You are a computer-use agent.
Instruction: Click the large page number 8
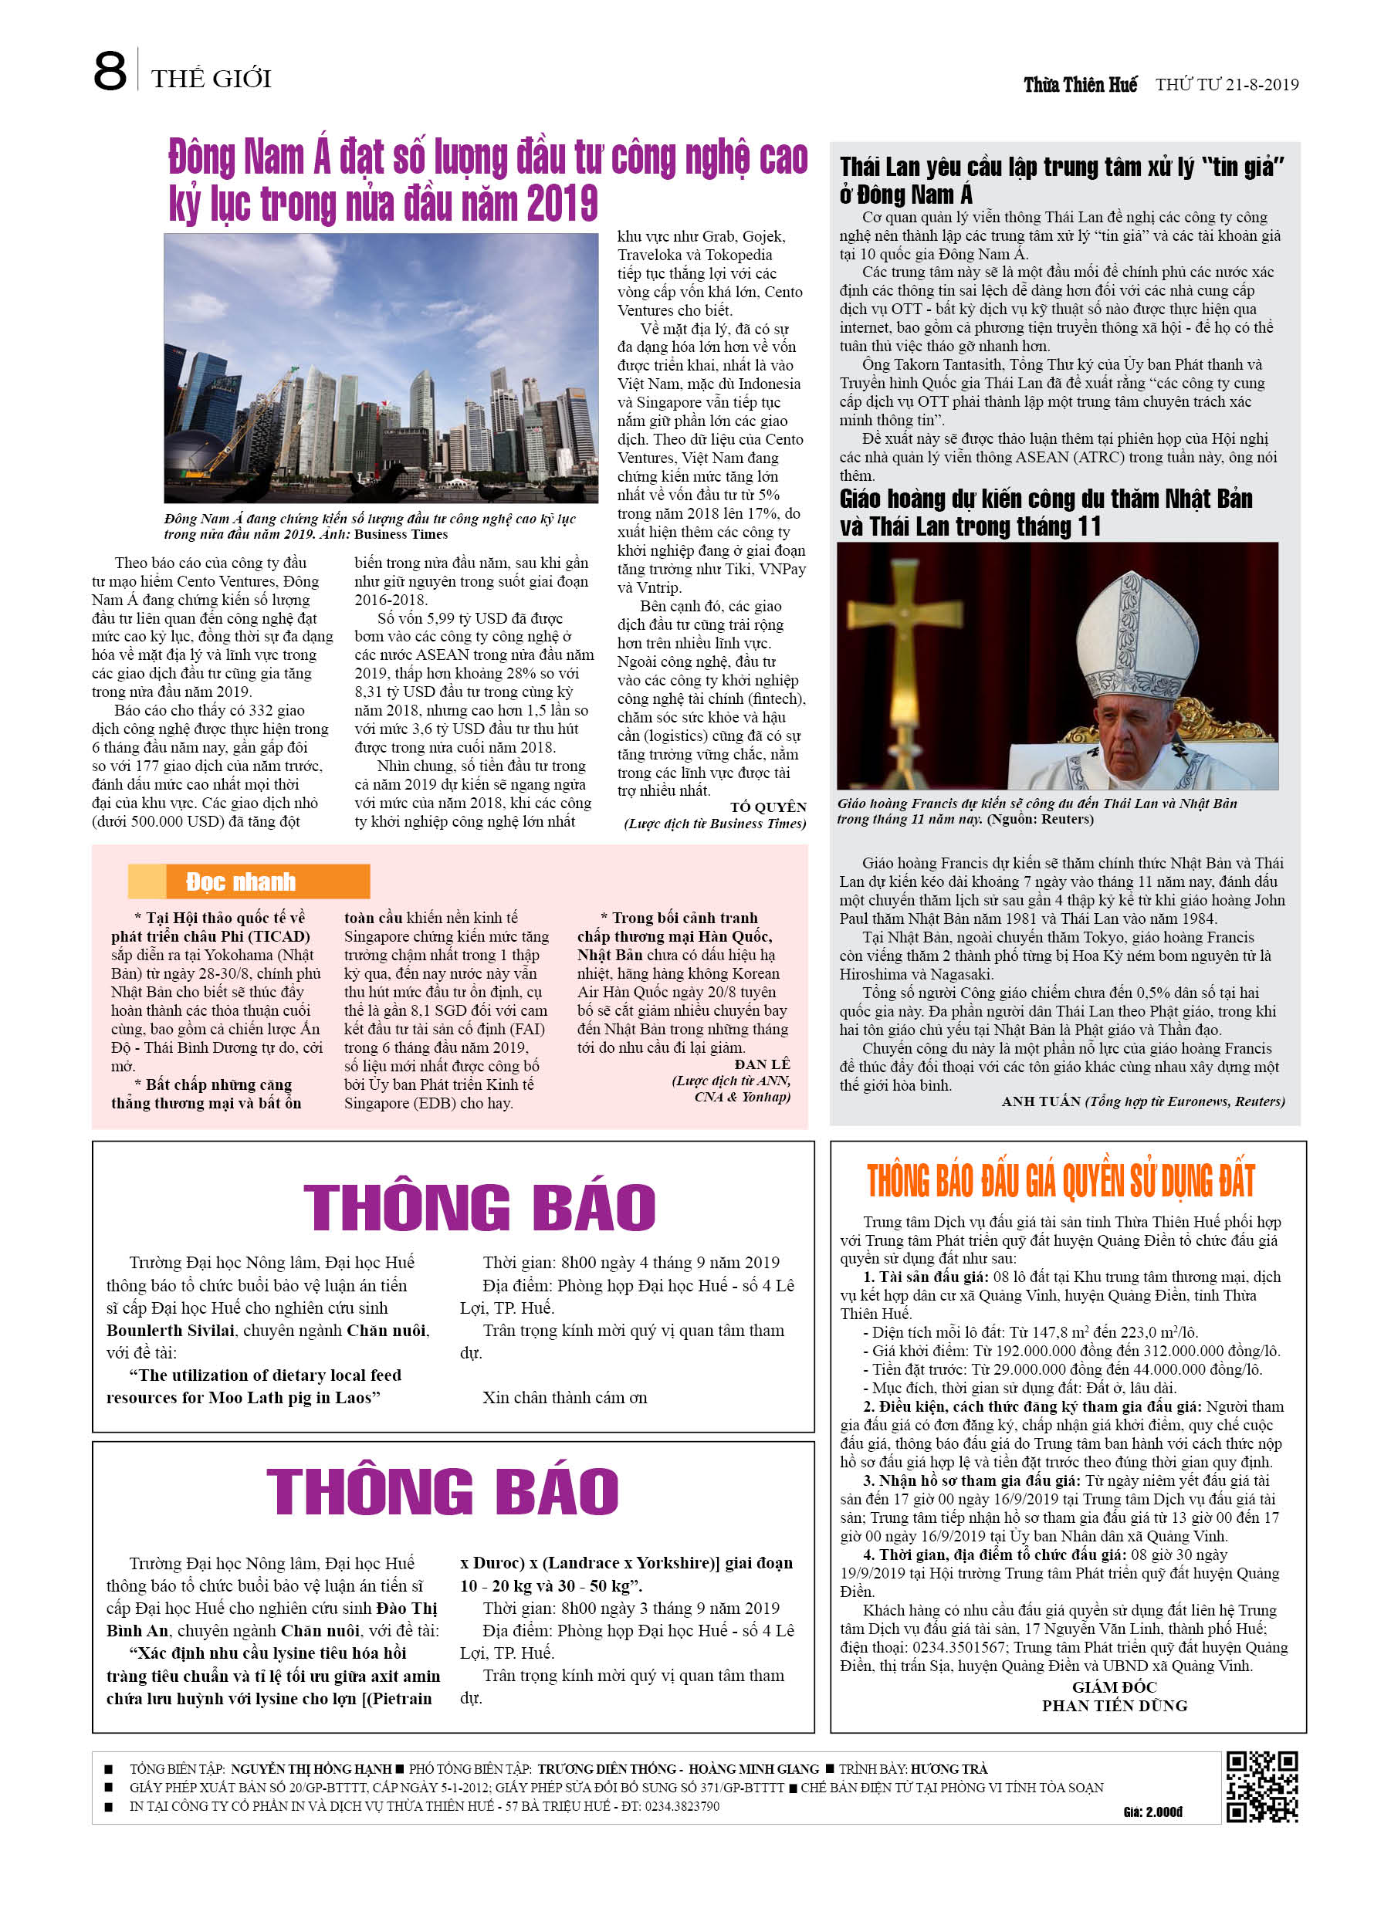click(110, 72)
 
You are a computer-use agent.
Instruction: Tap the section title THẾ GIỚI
click(212, 79)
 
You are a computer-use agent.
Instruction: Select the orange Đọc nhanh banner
click(249, 881)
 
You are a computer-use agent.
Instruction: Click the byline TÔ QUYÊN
click(768, 807)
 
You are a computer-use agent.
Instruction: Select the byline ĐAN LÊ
click(762, 1064)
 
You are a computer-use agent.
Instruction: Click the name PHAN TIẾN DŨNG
click(1114, 1706)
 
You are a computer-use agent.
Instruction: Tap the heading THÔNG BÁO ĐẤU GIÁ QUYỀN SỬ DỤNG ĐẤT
click(1061, 1180)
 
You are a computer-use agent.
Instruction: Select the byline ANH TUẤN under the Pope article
click(1041, 1101)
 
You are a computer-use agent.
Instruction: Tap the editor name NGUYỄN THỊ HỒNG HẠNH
click(311, 1769)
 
